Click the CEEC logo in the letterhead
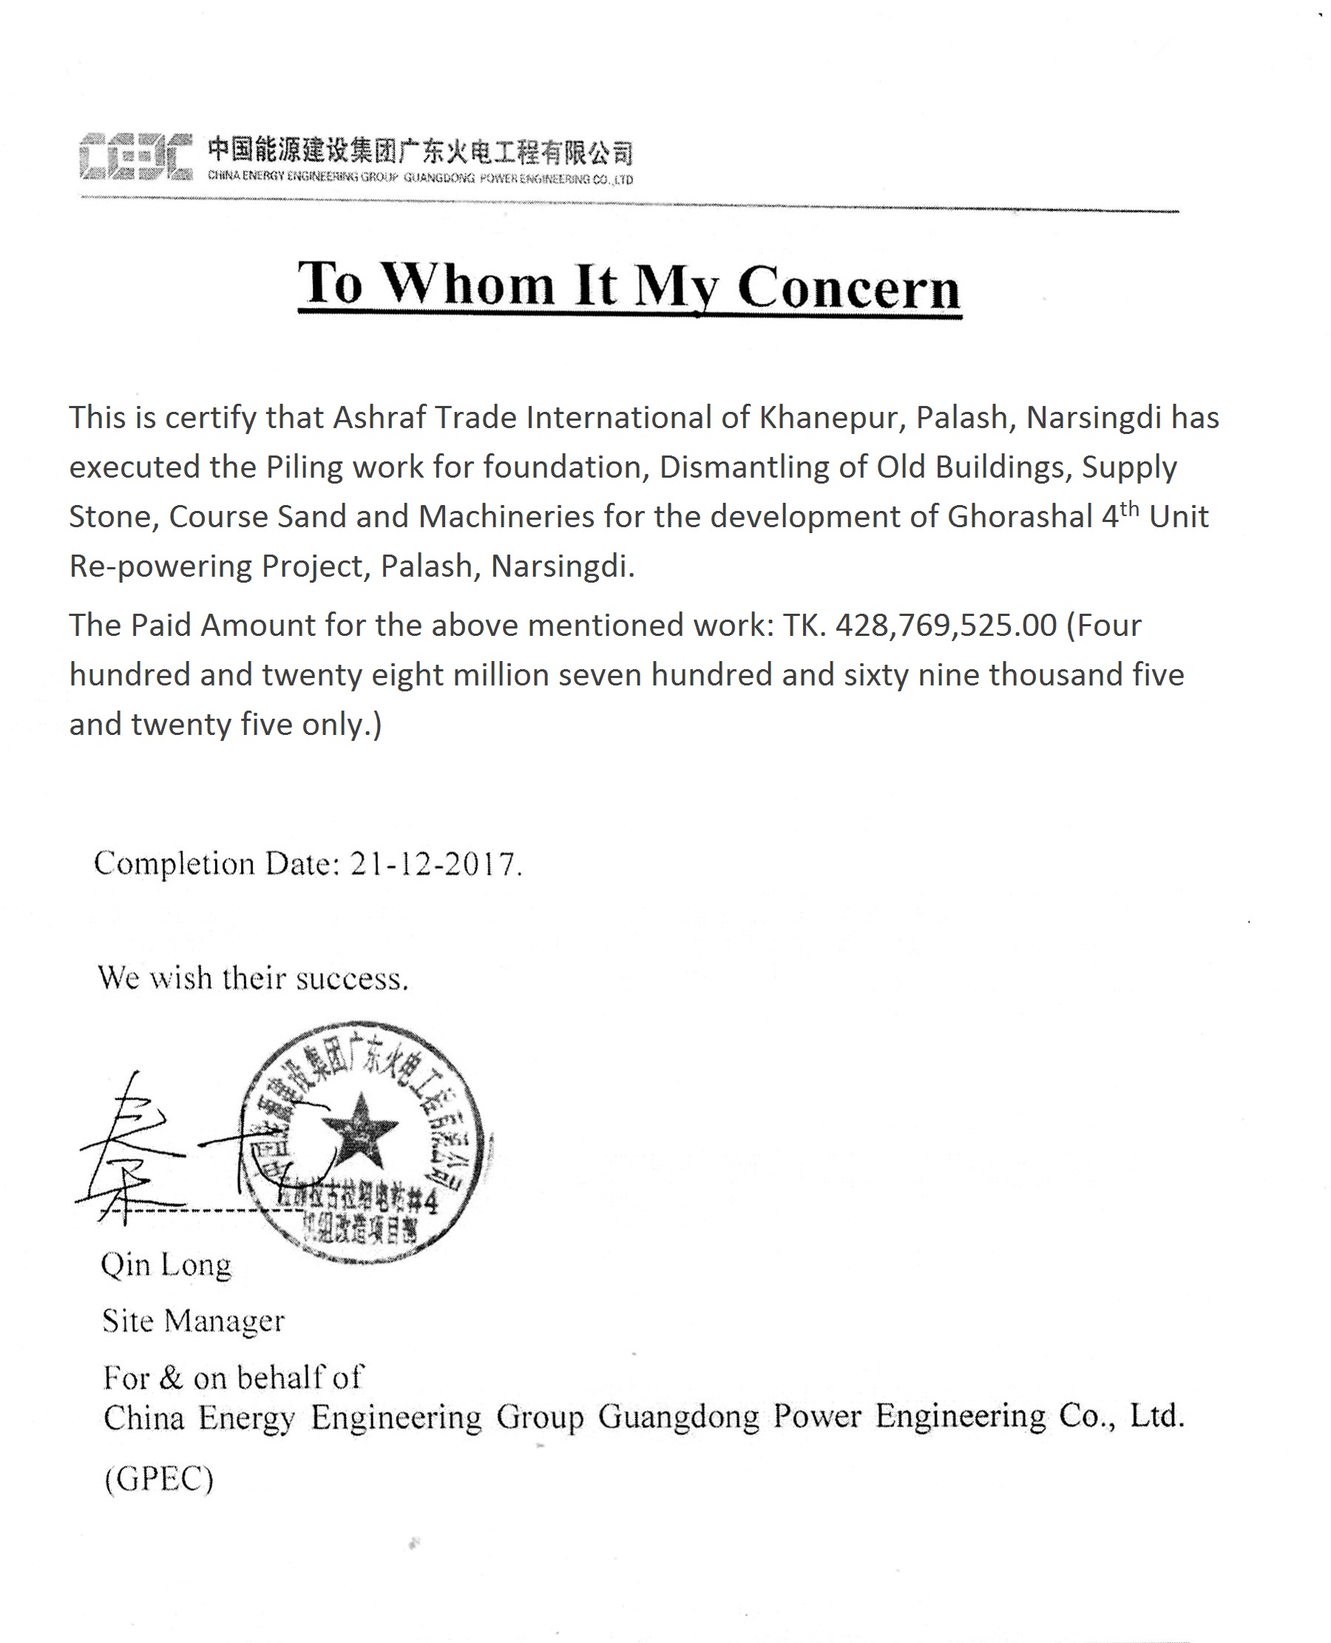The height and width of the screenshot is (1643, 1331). (x=135, y=158)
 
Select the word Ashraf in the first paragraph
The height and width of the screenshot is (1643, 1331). (x=379, y=418)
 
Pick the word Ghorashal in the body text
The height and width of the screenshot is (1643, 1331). (x=1020, y=517)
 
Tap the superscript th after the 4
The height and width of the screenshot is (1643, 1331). (x=1129, y=508)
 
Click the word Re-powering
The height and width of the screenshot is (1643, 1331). (x=161, y=566)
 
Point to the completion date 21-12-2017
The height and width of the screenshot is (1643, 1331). (x=433, y=864)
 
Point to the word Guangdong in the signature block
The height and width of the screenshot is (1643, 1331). (x=678, y=1417)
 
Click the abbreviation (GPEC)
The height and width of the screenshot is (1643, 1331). (x=159, y=1479)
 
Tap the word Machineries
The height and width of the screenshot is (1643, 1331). (x=506, y=517)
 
